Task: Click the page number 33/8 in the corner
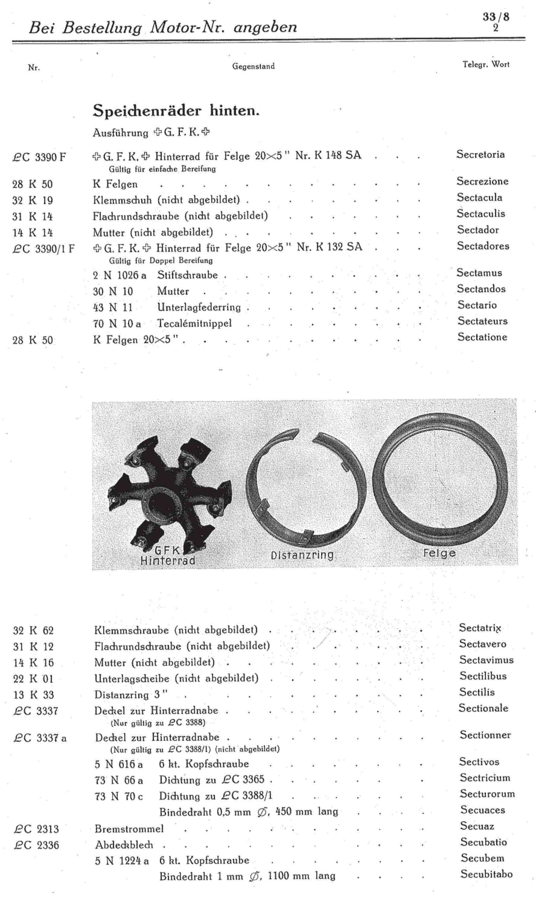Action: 496,17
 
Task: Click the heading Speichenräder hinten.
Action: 176,110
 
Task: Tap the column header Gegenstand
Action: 253,66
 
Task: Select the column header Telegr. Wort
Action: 486,65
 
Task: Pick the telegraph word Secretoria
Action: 480,155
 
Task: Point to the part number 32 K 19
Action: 33,200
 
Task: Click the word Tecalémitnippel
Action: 194,323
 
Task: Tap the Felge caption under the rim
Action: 439,553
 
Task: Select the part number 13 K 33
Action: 33,695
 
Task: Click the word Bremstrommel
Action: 129,828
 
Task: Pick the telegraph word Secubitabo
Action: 486,874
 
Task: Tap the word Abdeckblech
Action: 124,845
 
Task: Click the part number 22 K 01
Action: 33,679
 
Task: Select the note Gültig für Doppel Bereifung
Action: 161,260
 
